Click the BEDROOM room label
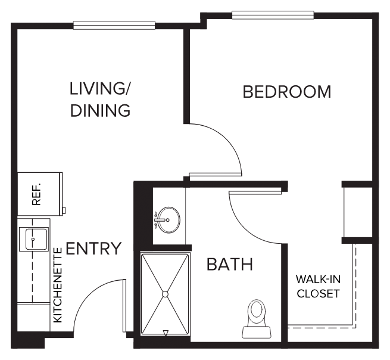click(287, 92)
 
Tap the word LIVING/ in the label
click(99, 89)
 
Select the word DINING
click(100, 110)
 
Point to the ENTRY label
click(93, 248)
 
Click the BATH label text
click(230, 264)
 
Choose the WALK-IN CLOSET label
click(318, 286)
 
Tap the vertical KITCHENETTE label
click(58, 285)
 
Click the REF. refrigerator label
click(36, 194)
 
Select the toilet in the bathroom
click(257, 319)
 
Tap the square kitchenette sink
click(34, 239)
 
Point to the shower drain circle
click(165, 294)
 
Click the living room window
click(114, 26)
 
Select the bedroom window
click(273, 15)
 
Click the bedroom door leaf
click(216, 175)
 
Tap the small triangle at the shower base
click(166, 333)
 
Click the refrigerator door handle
click(64, 210)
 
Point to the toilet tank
click(257, 333)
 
